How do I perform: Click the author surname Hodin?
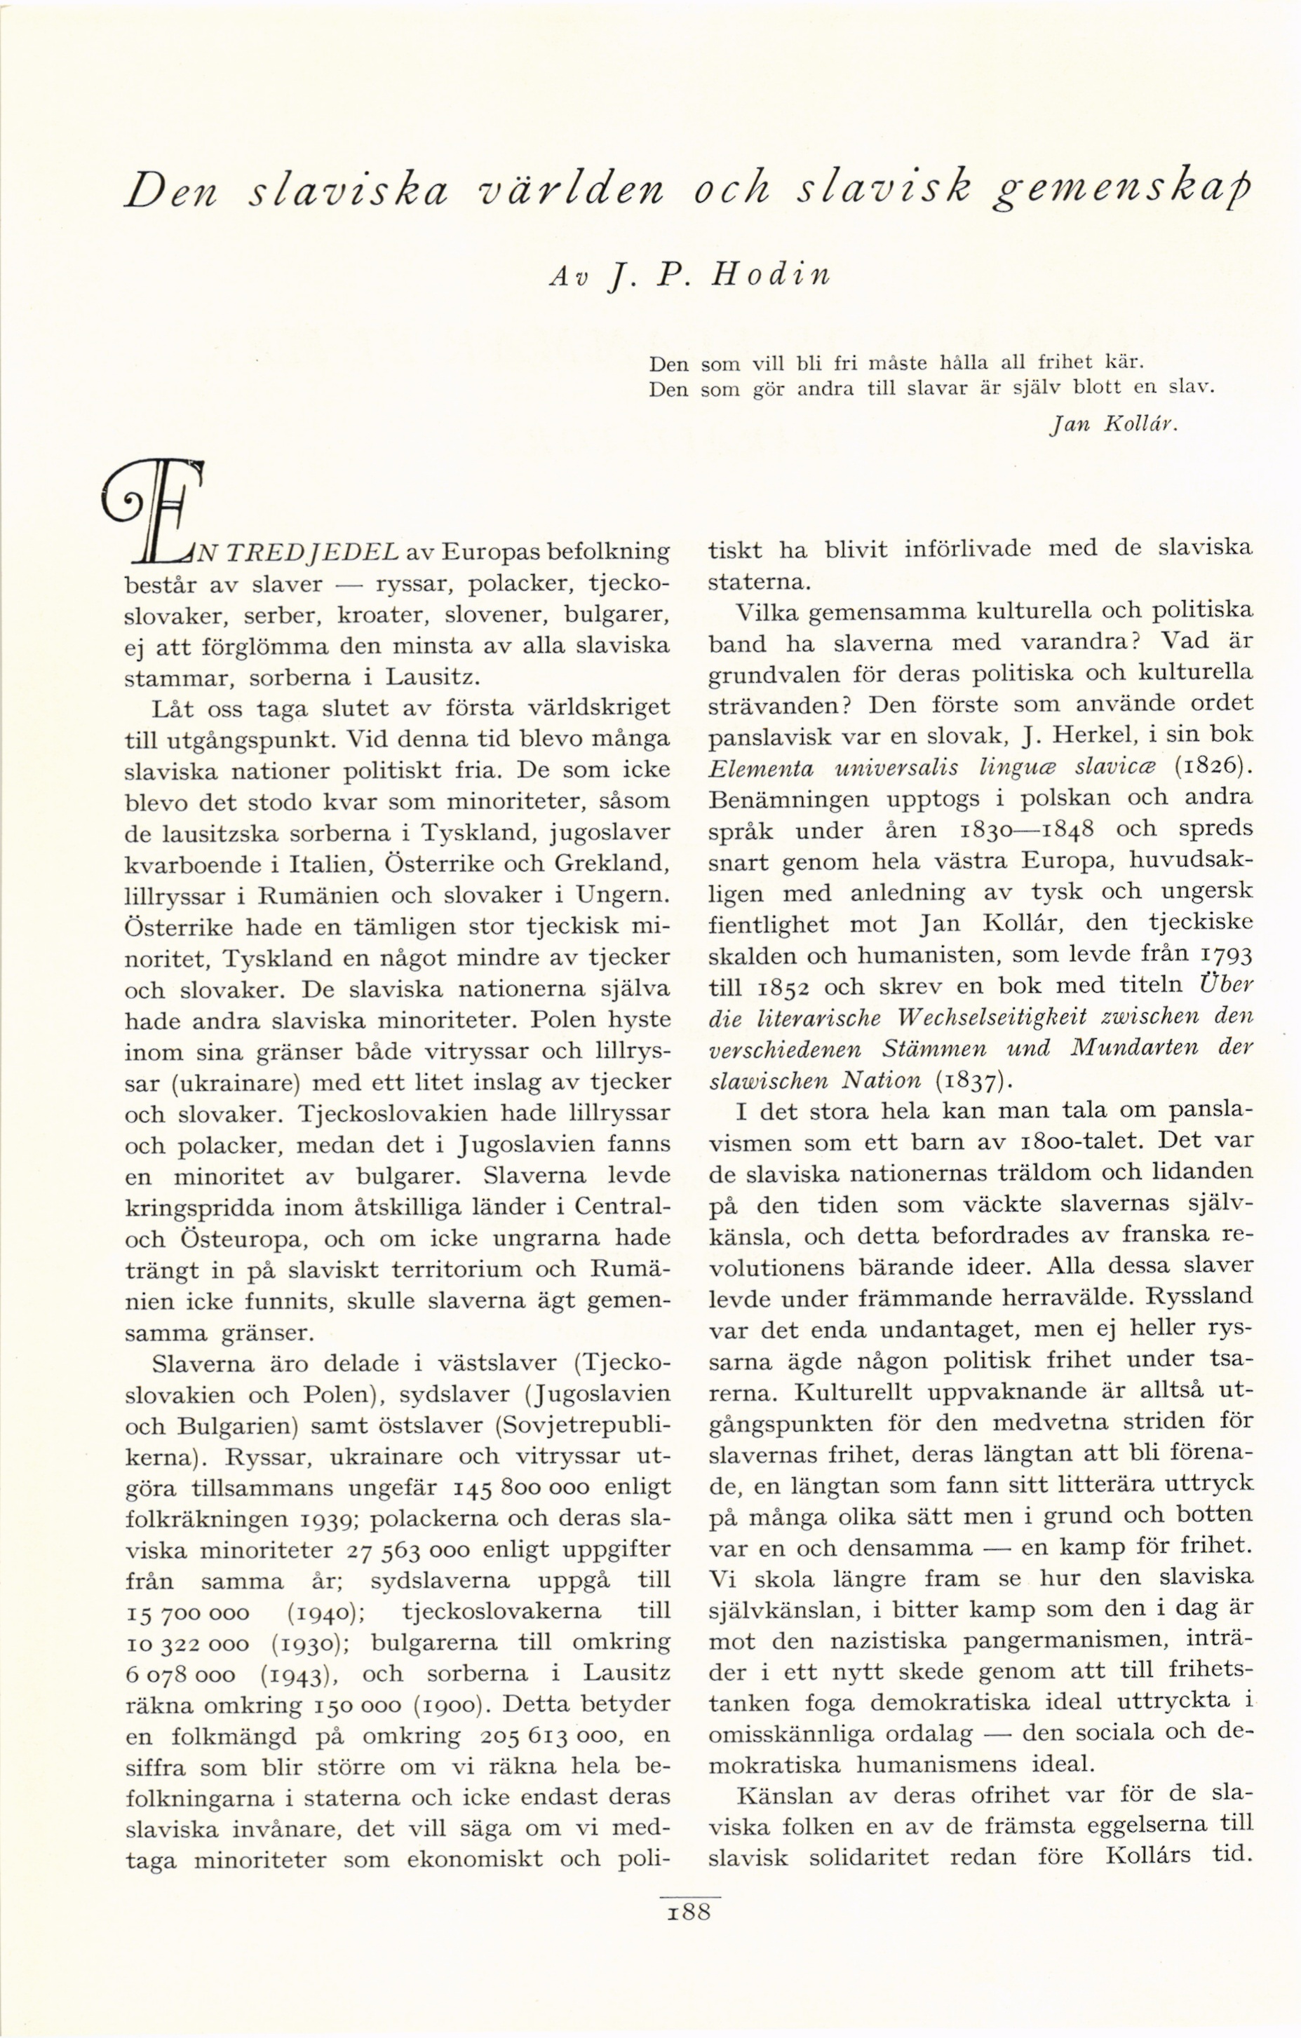click(772, 274)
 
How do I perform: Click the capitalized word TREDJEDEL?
click(315, 552)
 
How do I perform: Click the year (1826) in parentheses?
click(1213, 767)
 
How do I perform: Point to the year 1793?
click(1226, 955)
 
